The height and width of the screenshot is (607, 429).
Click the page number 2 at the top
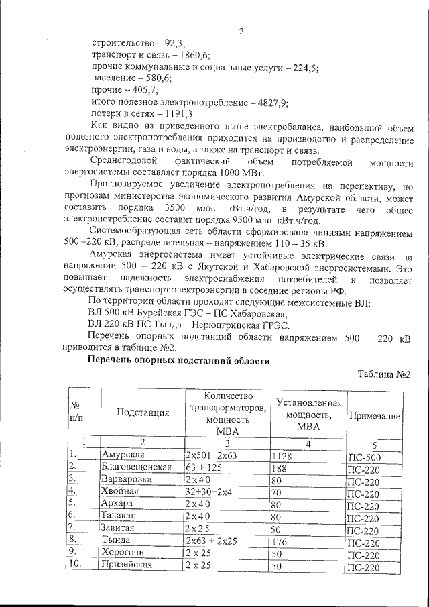pyautogui.click(x=241, y=30)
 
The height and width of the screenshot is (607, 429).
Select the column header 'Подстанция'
pyautogui.click(x=142, y=412)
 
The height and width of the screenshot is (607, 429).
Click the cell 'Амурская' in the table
pyautogui.click(x=123, y=455)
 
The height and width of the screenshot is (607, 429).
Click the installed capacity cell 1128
pyautogui.click(x=283, y=456)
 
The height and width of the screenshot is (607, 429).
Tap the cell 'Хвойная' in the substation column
pyautogui.click(x=120, y=491)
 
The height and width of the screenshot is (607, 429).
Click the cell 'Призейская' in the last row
pyautogui.click(x=127, y=564)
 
